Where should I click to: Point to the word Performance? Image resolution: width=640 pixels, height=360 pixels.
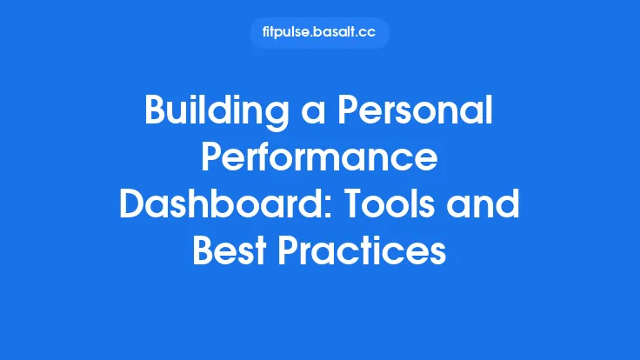pyautogui.click(x=319, y=160)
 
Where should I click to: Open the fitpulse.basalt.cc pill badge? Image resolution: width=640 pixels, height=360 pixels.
pyautogui.click(x=320, y=33)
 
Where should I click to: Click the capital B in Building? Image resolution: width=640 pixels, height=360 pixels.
pyautogui.click(x=156, y=114)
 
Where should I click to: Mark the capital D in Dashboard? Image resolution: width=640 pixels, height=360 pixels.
pyautogui.click(x=131, y=206)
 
